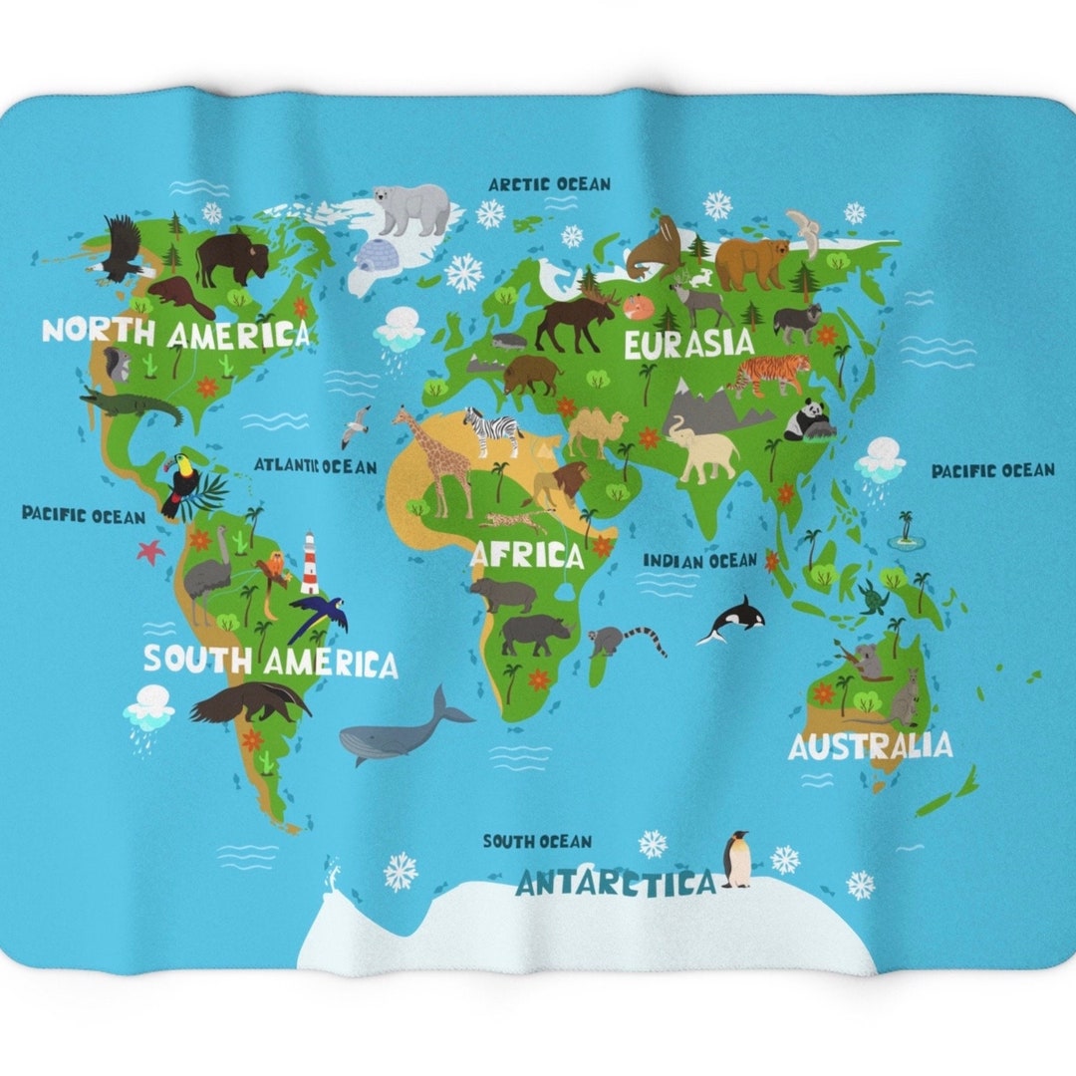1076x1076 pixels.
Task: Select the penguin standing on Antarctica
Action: pyautogui.click(x=736, y=859)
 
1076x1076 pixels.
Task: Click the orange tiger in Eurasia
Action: pyautogui.click(x=771, y=373)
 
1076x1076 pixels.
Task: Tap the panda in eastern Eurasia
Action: pyautogui.click(x=808, y=419)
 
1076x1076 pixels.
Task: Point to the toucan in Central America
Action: pyautogui.click(x=183, y=484)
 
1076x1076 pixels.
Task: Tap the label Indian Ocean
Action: pyautogui.click(x=699, y=561)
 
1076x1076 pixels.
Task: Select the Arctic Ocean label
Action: pyautogui.click(x=549, y=184)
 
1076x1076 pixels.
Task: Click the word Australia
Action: pyautogui.click(x=870, y=745)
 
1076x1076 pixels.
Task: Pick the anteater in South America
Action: pyautogui.click(x=249, y=702)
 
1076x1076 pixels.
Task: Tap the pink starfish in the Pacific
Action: pyautogui.click(x=150, y=550)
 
